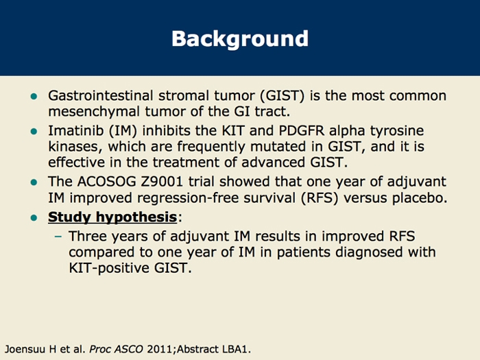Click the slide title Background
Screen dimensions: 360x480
click(x=239, y=38)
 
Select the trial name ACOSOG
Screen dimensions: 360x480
click(x=103, y=182)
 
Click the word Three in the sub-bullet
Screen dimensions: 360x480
click(x=89, y=236)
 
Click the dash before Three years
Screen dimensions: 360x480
click(x=58, y=236)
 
